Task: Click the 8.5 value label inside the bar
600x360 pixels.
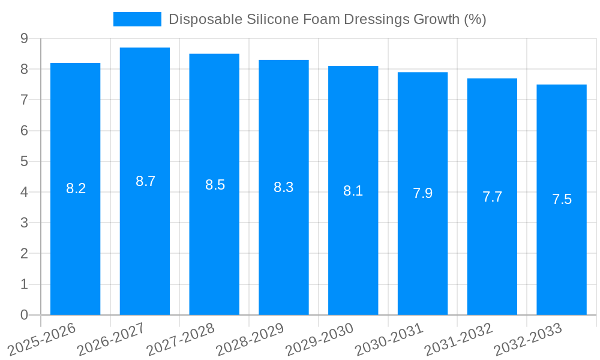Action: [x=215, y=185]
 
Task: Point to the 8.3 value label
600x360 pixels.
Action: [x=283, y=187]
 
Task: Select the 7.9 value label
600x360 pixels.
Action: [x=422, y=193]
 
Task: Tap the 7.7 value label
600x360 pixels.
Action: [x=492, y=197]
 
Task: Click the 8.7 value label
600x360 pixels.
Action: [x=145, y=181]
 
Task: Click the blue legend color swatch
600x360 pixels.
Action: [x=137, y=19]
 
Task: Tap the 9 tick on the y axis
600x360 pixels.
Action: [x=24, y=38]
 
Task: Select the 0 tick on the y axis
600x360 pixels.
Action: [x=24, y=315]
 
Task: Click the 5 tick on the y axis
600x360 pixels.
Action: [x=24, y=161]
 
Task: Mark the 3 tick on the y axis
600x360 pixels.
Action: [x=24, y=223]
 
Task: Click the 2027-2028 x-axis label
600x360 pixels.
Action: [x=181, y=339]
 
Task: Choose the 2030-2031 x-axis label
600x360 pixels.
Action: [x=389, y=339]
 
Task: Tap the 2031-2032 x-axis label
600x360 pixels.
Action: [x=458, y=339]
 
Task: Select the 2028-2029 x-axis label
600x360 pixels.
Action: [x=250, y=339]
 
